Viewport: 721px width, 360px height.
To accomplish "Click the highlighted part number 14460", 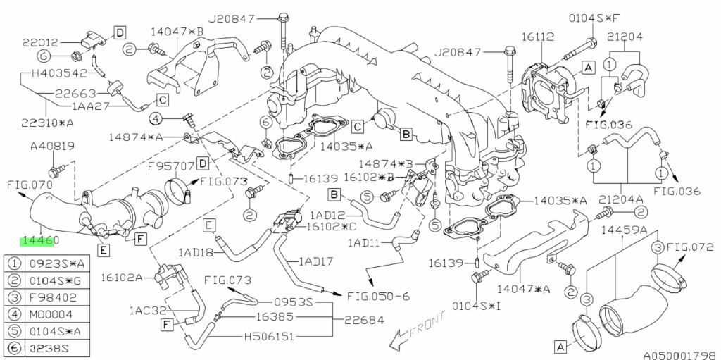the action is coord(39,240).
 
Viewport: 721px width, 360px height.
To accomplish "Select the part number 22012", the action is coord(40,42).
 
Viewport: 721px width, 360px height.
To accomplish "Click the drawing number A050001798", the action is coord(682,355).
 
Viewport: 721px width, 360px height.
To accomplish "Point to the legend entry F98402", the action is coord(53,298).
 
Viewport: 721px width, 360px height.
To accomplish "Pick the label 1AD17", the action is coord(317,261).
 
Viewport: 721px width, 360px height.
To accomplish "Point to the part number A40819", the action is coord(52,147).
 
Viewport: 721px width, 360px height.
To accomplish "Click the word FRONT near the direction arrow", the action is coord(427,325).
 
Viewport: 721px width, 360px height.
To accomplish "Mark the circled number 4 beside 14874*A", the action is coord(156,120).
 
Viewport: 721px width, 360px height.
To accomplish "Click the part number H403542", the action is coord(59,73).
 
